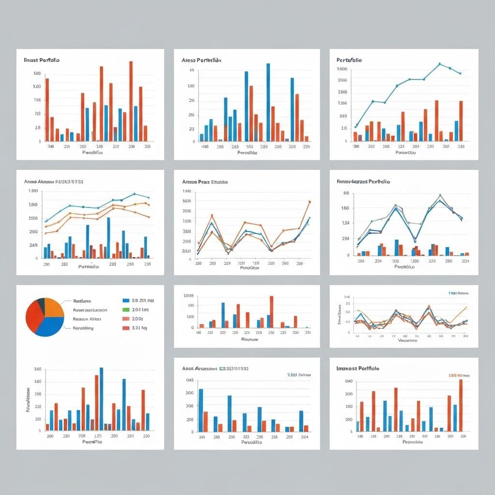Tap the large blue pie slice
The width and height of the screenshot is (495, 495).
tap(48, 327)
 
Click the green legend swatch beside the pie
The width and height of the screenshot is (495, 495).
tap(126, 309)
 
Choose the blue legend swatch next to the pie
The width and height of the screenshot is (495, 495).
tap(126, 300)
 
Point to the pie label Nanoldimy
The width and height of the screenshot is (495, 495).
tap(83, 328)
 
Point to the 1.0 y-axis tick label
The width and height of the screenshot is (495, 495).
tap(344, 128)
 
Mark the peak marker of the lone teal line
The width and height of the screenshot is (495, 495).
tap(439, 64)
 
